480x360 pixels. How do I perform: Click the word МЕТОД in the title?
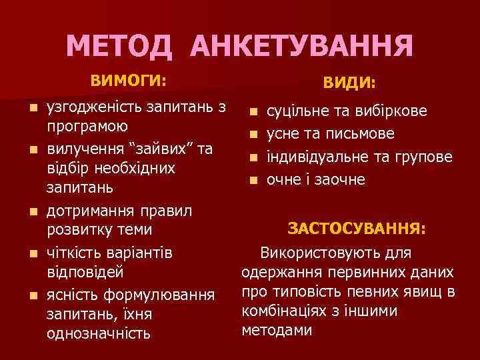pyautogui.click(x=121, y=46)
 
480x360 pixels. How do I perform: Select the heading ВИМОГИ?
pyautogui.click(x=128, y=81)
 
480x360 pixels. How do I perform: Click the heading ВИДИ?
pyautogui.click(x=349, y=83)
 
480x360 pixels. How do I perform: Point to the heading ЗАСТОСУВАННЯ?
pyautogui.click(x=357, y=229)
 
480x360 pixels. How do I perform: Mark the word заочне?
pyautogui.click(x=341, y=179)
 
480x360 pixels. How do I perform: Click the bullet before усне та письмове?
pyautogui.click(x=253, y=135)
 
